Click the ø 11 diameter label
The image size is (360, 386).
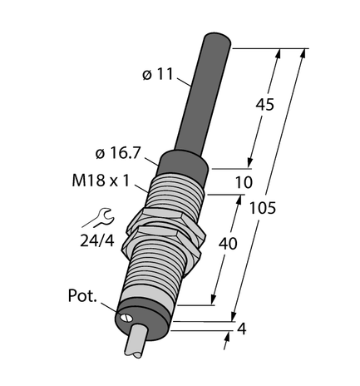click(158, 75)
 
